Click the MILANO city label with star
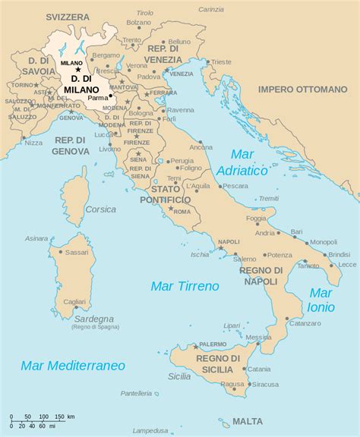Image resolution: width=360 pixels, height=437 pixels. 72,63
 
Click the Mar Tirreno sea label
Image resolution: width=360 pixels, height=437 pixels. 185,286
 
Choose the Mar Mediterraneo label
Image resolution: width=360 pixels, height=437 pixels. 73,365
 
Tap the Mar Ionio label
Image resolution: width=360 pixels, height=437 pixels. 321,300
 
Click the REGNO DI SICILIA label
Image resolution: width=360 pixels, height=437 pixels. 218,364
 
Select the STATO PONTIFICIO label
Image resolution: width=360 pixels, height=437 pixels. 165,194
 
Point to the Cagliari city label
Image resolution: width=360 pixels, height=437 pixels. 74,302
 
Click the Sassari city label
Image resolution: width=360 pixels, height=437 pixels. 77,251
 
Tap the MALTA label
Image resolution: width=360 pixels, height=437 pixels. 248,421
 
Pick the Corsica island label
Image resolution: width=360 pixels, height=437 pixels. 100,209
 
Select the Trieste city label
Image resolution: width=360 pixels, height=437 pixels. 221,61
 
